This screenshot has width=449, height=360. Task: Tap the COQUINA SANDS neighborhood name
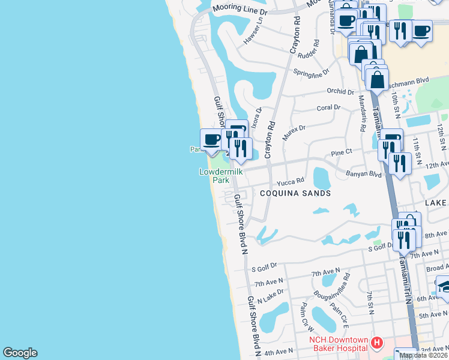point(295,193)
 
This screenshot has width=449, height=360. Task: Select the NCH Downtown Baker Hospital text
point(338,344)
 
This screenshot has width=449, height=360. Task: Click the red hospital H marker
point(377,343)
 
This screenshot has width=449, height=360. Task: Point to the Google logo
point(20,353)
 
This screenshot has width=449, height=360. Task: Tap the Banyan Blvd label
point(364,175)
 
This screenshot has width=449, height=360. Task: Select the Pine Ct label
point(340,153)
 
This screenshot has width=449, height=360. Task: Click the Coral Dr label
point(328,107)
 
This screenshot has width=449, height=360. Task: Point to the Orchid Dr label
point(340,92)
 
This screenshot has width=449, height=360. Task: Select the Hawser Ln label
point(253,35)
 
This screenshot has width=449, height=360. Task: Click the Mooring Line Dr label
point(240,11)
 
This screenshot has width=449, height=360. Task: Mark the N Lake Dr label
point(271,296)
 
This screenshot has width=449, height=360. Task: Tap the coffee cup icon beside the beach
point(211,140)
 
